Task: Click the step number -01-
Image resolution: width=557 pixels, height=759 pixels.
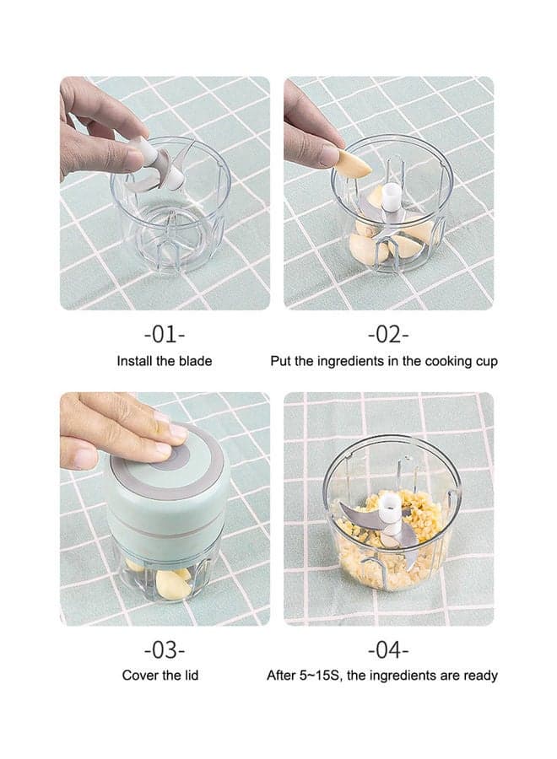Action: (x=165, y=335)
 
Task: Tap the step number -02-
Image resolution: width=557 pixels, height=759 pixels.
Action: (x=388, y=335)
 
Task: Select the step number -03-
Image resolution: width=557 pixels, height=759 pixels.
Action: (x=165, y=649)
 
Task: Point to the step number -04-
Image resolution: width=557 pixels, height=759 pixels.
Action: (x=388, y=649)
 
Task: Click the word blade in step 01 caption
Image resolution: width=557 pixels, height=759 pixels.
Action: (x=196, y=361)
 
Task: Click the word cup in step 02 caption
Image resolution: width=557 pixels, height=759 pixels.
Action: (x=486, y=362)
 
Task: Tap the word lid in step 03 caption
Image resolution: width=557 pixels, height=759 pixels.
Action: (x=192, y=676)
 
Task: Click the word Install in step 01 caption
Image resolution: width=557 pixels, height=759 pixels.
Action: (x=132, y=361)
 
